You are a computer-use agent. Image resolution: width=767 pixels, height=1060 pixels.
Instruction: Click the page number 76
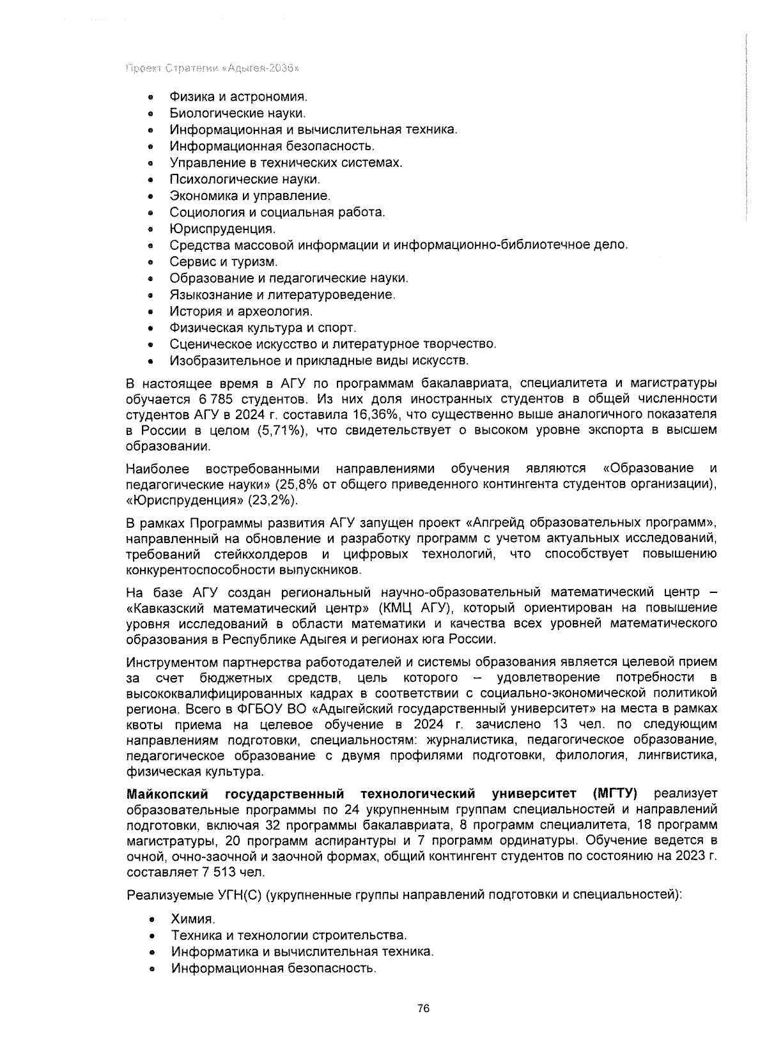coord(422,1009)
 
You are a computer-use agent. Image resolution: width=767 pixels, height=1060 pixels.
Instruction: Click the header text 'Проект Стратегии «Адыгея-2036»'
coord(213,68)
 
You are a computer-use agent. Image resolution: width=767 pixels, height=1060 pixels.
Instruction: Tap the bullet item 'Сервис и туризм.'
coord(224,262)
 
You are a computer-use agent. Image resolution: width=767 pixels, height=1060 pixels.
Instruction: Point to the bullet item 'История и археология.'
coord(241,312)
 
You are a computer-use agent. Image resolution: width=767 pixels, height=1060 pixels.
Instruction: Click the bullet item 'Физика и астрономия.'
coord(238,97)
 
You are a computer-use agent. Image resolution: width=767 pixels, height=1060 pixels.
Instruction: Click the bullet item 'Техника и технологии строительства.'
coord(289,936)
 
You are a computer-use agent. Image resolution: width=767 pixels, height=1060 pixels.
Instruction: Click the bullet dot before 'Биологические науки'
coord(150,114)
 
